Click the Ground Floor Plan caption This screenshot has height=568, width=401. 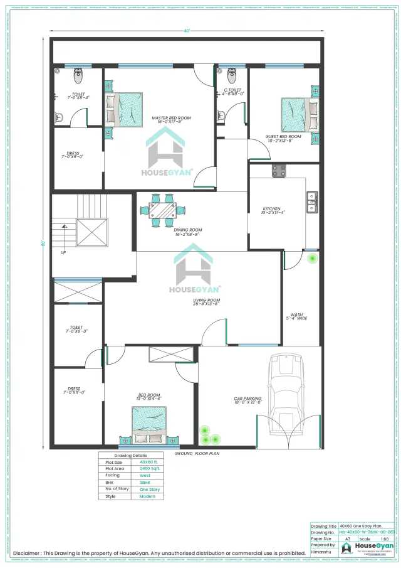pos(196,453)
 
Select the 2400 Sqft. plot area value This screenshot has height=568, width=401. pos(150,468)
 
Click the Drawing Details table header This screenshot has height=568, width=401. pos(130,455)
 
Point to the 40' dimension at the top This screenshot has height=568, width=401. pos(187,31)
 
